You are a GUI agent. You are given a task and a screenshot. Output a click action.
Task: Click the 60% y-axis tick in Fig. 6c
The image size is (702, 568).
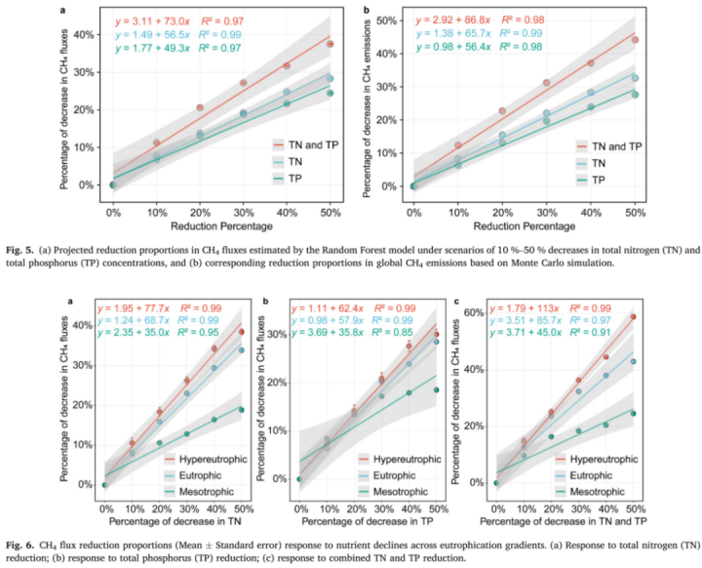pyautogui.click(x=480, y=312)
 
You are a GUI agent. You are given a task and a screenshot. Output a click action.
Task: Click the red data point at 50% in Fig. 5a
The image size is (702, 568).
pyautogui.click(x=331, y=44)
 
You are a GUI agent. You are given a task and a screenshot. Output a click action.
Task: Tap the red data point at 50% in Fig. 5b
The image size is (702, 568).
pyautogui.click(x=635, y=40)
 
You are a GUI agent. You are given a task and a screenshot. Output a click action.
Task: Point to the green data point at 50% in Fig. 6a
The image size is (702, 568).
pyautogui.click(x=241, y=410)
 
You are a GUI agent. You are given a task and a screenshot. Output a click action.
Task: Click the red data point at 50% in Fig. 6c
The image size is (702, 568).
pyautogui.click(x=633, y=316)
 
